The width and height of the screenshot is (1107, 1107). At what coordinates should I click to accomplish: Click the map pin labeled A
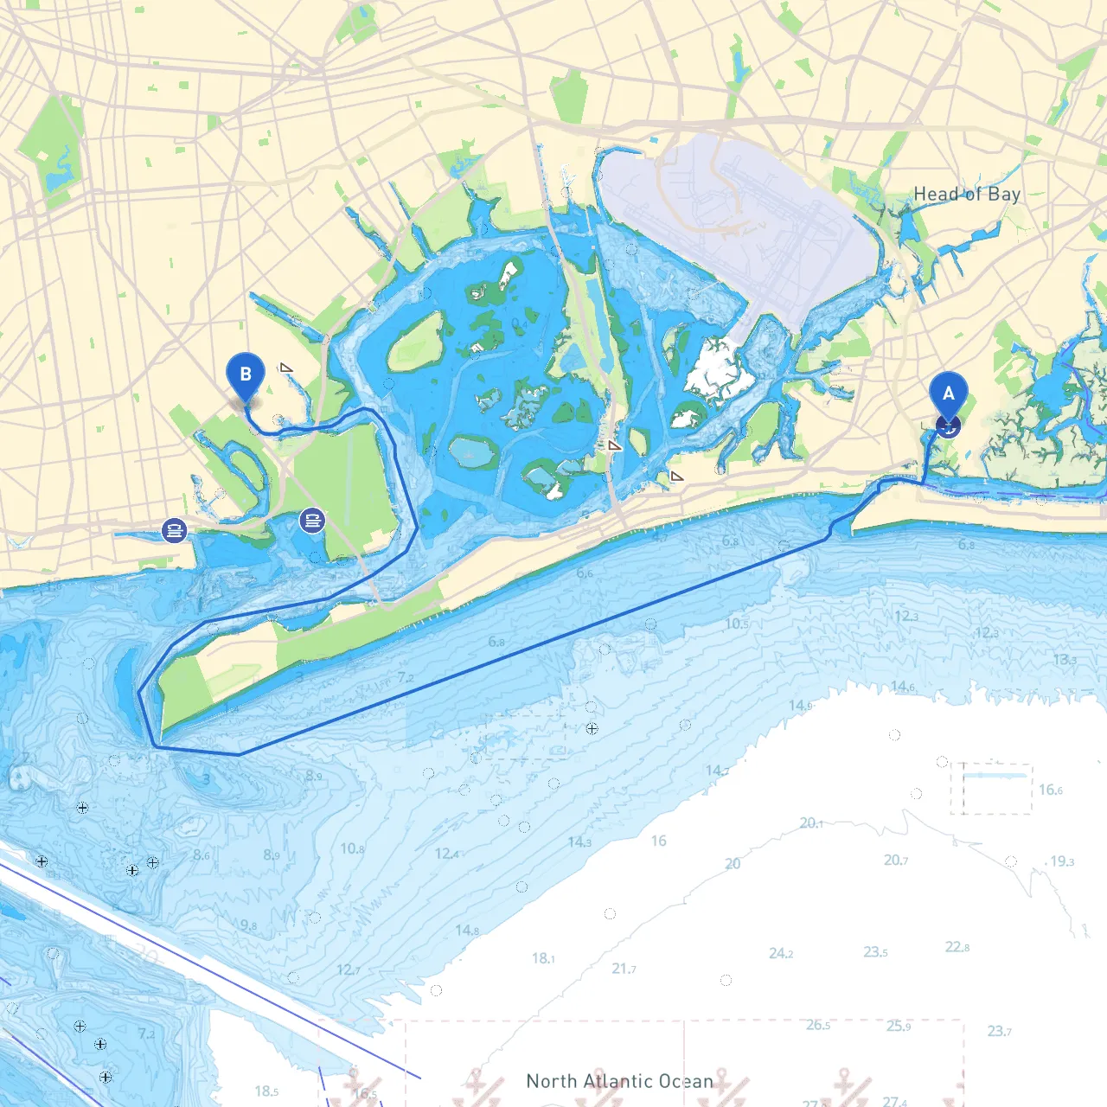(x=949, y=394)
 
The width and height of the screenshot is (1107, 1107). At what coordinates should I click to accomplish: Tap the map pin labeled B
(x=246, y=374)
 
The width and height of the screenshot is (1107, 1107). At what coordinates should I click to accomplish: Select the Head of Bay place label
(x=967, y=195)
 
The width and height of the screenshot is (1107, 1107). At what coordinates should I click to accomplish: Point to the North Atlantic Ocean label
(x=619, y=1081)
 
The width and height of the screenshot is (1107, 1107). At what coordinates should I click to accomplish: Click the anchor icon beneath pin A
(x=949, y=426)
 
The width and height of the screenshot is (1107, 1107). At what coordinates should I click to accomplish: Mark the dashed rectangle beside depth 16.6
(x=991, y=789)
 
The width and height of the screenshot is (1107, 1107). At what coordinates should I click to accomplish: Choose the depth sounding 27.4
(x=894, y=1101)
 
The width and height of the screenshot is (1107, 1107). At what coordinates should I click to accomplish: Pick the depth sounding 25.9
(x=899, y=1026)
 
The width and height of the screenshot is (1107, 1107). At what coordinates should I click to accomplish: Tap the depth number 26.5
(x=817, y=1025)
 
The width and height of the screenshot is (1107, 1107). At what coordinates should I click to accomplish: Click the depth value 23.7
(x=999, y=1031)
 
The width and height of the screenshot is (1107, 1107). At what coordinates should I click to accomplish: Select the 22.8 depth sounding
(x=957, y=947)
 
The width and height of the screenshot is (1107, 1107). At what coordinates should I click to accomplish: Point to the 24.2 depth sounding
(x=780, y=953)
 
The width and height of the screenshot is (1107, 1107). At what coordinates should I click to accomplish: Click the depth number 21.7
(x=624, y=969)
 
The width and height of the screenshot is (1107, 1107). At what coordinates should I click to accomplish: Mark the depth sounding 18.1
(x=543, y=958)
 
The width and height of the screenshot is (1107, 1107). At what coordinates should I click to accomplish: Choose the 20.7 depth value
(x=895, y=861)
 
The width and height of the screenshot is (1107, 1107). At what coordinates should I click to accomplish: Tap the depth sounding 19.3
(x=1061, y=861)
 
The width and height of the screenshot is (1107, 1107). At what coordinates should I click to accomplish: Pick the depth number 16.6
(x=1050, y=790)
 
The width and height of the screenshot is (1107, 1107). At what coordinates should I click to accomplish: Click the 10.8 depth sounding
(x=352, y=848)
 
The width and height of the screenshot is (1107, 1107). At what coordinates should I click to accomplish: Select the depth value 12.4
(x=446, y=854)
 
